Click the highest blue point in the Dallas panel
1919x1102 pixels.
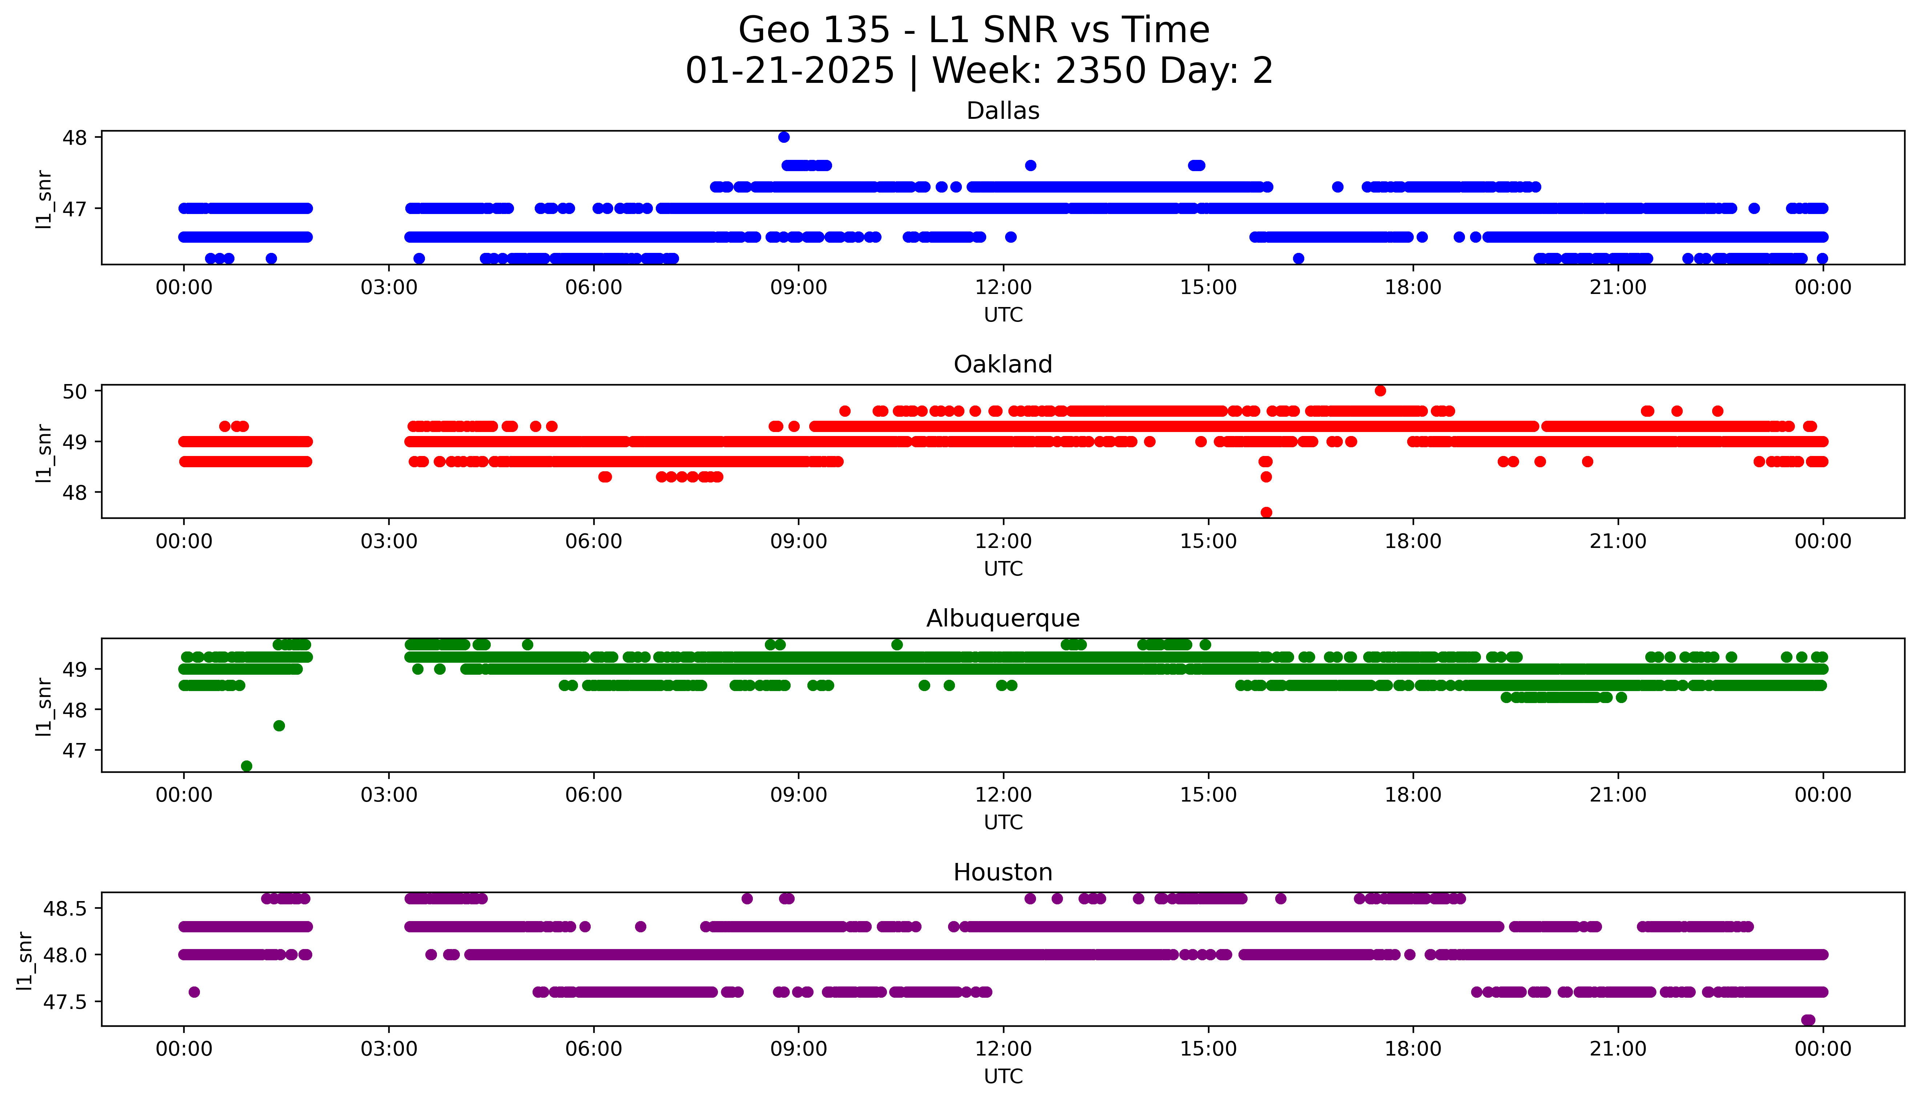pos(783,137)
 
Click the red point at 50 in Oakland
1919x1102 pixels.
pos(1380,391)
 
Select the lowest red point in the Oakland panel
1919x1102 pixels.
pos(1266,512)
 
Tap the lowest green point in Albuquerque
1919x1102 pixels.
pos(246,766)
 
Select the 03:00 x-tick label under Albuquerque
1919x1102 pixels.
pos(389,795)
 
